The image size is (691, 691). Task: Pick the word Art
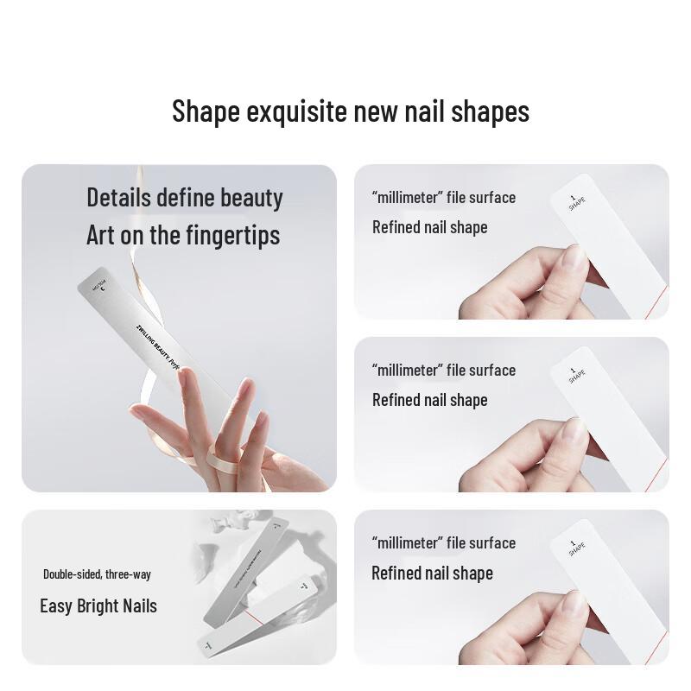(100, 235)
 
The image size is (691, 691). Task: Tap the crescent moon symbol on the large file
(103, 288)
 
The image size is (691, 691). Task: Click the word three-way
(127, 574)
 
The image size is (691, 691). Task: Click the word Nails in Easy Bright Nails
(140, 605)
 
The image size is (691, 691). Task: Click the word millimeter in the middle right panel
(408, 370)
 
